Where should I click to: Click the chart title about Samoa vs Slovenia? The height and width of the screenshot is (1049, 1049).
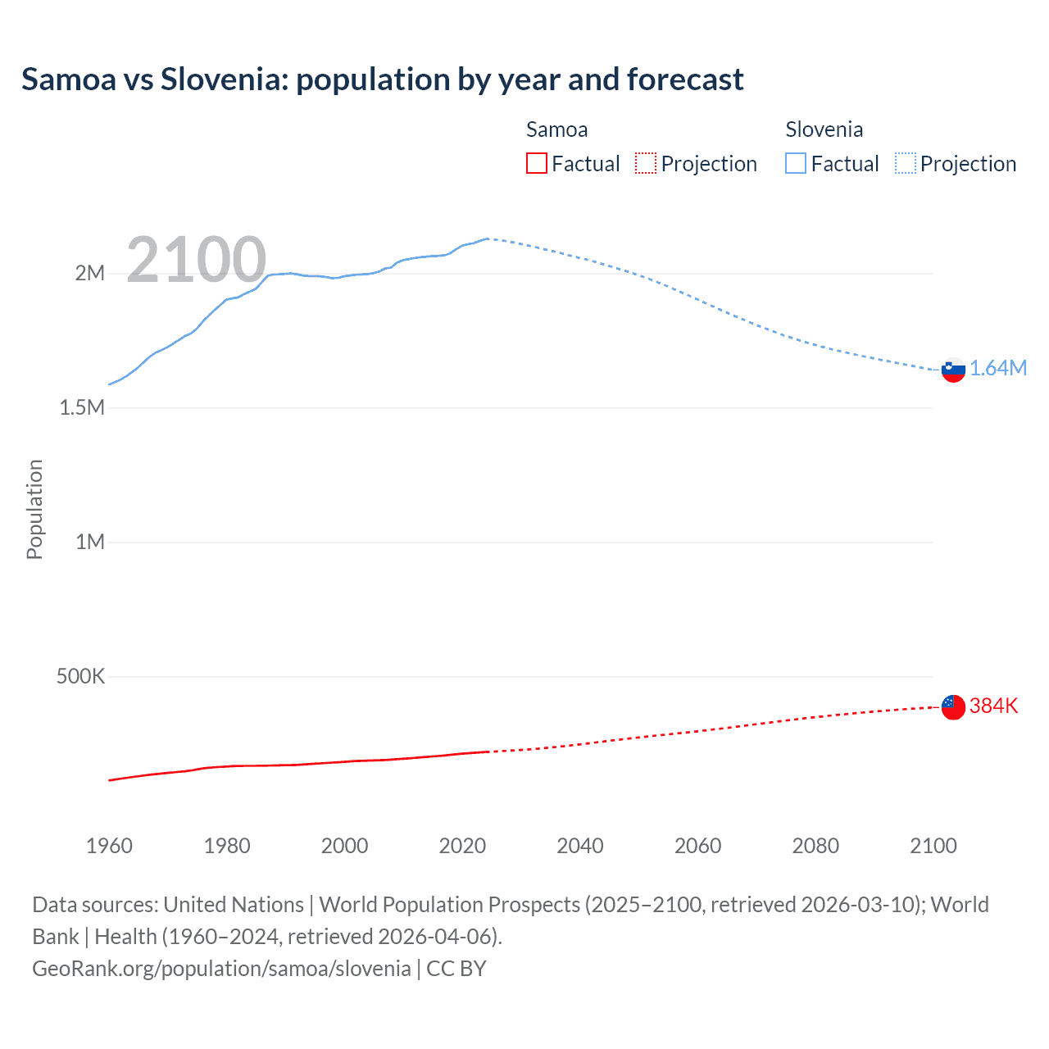click(382, 79)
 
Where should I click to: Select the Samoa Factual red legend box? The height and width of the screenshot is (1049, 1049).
click(536, 163)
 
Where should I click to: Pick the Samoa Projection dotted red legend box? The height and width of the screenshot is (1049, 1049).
click(646, 163)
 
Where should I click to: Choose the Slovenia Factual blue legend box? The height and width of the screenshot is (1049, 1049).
click(796, 163)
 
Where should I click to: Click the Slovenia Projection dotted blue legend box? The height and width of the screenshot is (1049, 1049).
click(905, 163)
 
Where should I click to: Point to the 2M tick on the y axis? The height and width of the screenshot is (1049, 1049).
click(90, 273)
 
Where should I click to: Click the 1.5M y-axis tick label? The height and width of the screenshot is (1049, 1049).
click(82, 407)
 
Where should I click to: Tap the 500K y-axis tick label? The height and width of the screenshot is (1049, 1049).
click(80, 676)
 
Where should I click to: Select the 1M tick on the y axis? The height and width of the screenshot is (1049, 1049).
click(90, 542)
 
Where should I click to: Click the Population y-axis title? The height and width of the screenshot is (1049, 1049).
click(34, 509)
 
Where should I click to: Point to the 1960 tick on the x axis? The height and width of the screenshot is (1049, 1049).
click(109, 846)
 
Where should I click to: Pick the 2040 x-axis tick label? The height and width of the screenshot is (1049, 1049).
click(580, 846)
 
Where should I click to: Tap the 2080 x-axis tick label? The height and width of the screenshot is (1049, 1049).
click(815, 846)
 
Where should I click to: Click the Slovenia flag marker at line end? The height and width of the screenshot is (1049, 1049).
click(953, 370)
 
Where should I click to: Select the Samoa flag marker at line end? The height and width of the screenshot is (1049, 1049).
click(953, 706)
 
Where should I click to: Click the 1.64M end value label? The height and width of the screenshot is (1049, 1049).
click(998, 368)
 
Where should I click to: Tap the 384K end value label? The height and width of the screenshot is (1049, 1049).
click(993, 706)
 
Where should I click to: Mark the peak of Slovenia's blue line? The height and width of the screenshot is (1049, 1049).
click(488, 238)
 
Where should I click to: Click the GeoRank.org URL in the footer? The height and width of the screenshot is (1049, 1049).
click(221, 969)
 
